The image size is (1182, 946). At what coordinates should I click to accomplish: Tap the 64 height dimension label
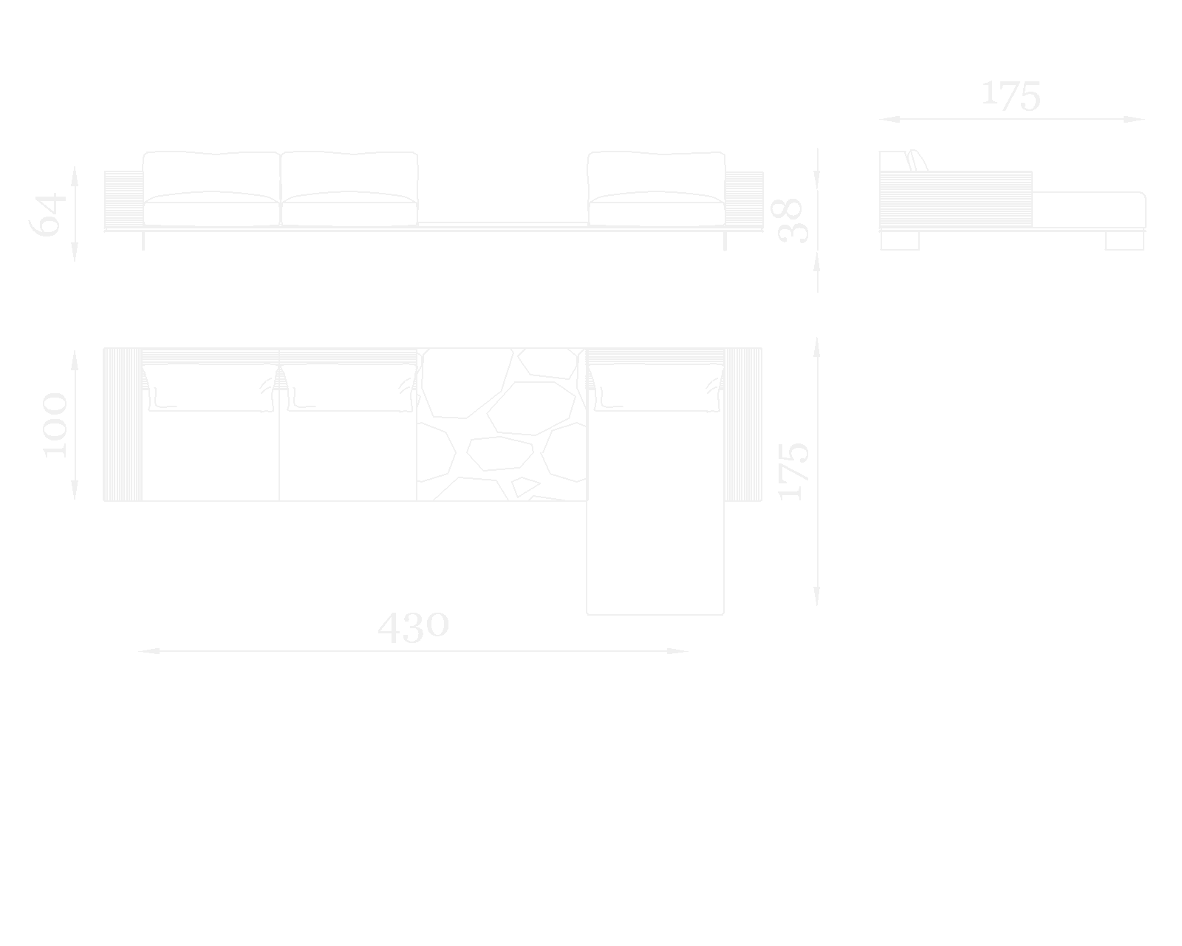coord(48,214)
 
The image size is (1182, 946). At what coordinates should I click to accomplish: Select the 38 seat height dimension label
coord(791,220)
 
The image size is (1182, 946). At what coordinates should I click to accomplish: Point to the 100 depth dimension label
coord(55,425)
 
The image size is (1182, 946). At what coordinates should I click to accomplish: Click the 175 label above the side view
coord(1011,96)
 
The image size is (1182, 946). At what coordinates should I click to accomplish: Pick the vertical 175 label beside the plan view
coord(794,471)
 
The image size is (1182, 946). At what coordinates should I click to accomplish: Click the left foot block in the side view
coord(900,240)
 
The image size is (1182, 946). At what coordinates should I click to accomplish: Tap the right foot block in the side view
coord(1124,240)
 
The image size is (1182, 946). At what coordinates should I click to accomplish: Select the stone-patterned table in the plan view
coord(502,424)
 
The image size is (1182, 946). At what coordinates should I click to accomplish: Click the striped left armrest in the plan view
coord(123,424)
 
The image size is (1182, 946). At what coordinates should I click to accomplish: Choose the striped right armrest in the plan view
coord(743,424)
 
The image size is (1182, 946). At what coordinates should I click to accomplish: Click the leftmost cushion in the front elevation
coord(211,189)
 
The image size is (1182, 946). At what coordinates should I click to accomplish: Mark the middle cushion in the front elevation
coord(349,189)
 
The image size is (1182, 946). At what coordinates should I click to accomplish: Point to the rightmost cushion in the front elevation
coord(656,189)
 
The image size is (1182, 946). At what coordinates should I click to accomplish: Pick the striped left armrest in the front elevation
coord(123,200)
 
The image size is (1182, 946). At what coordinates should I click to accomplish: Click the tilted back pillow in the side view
coord(918,160)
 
